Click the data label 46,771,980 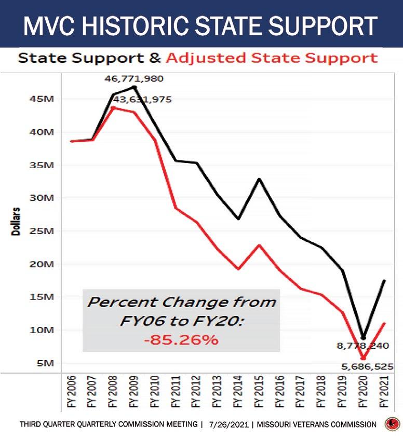point(134,79)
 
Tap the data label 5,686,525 point(367,366)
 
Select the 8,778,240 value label point(363,346)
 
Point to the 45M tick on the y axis point(42,99)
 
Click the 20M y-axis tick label point(42,264)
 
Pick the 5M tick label point(45,363)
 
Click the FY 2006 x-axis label point(72,392)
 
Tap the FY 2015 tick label point(259,392)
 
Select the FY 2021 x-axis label point(384,392)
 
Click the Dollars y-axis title point(16,222)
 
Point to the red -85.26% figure point(181,340)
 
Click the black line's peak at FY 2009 point(134,87)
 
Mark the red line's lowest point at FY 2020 point(364,358)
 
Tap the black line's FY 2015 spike point(259,179)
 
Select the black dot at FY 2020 point(364,338)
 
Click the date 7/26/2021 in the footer point(229,425)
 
